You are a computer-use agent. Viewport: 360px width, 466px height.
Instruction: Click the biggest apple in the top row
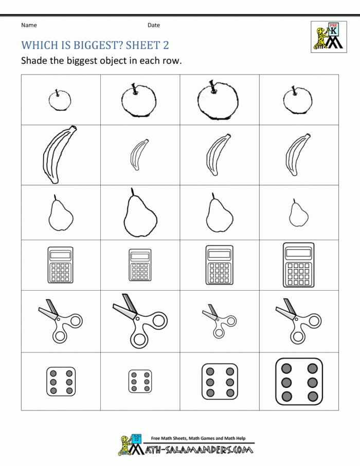(218, 100)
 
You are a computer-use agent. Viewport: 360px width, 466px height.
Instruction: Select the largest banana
(58, 154)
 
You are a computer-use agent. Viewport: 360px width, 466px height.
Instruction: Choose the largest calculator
(298, 265)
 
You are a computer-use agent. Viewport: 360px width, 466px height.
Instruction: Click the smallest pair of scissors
(218, 321)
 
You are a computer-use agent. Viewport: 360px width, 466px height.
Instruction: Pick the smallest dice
(140, 382)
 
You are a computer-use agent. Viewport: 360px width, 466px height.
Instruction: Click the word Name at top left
(29, 25)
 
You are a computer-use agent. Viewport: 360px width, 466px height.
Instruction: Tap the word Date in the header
(154, 25)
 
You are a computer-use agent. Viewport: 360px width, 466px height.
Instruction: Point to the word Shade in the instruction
(34, 61)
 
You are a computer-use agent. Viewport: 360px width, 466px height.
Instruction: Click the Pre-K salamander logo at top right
(327, 36)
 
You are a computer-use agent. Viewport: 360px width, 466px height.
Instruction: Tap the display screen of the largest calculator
(298, 253)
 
